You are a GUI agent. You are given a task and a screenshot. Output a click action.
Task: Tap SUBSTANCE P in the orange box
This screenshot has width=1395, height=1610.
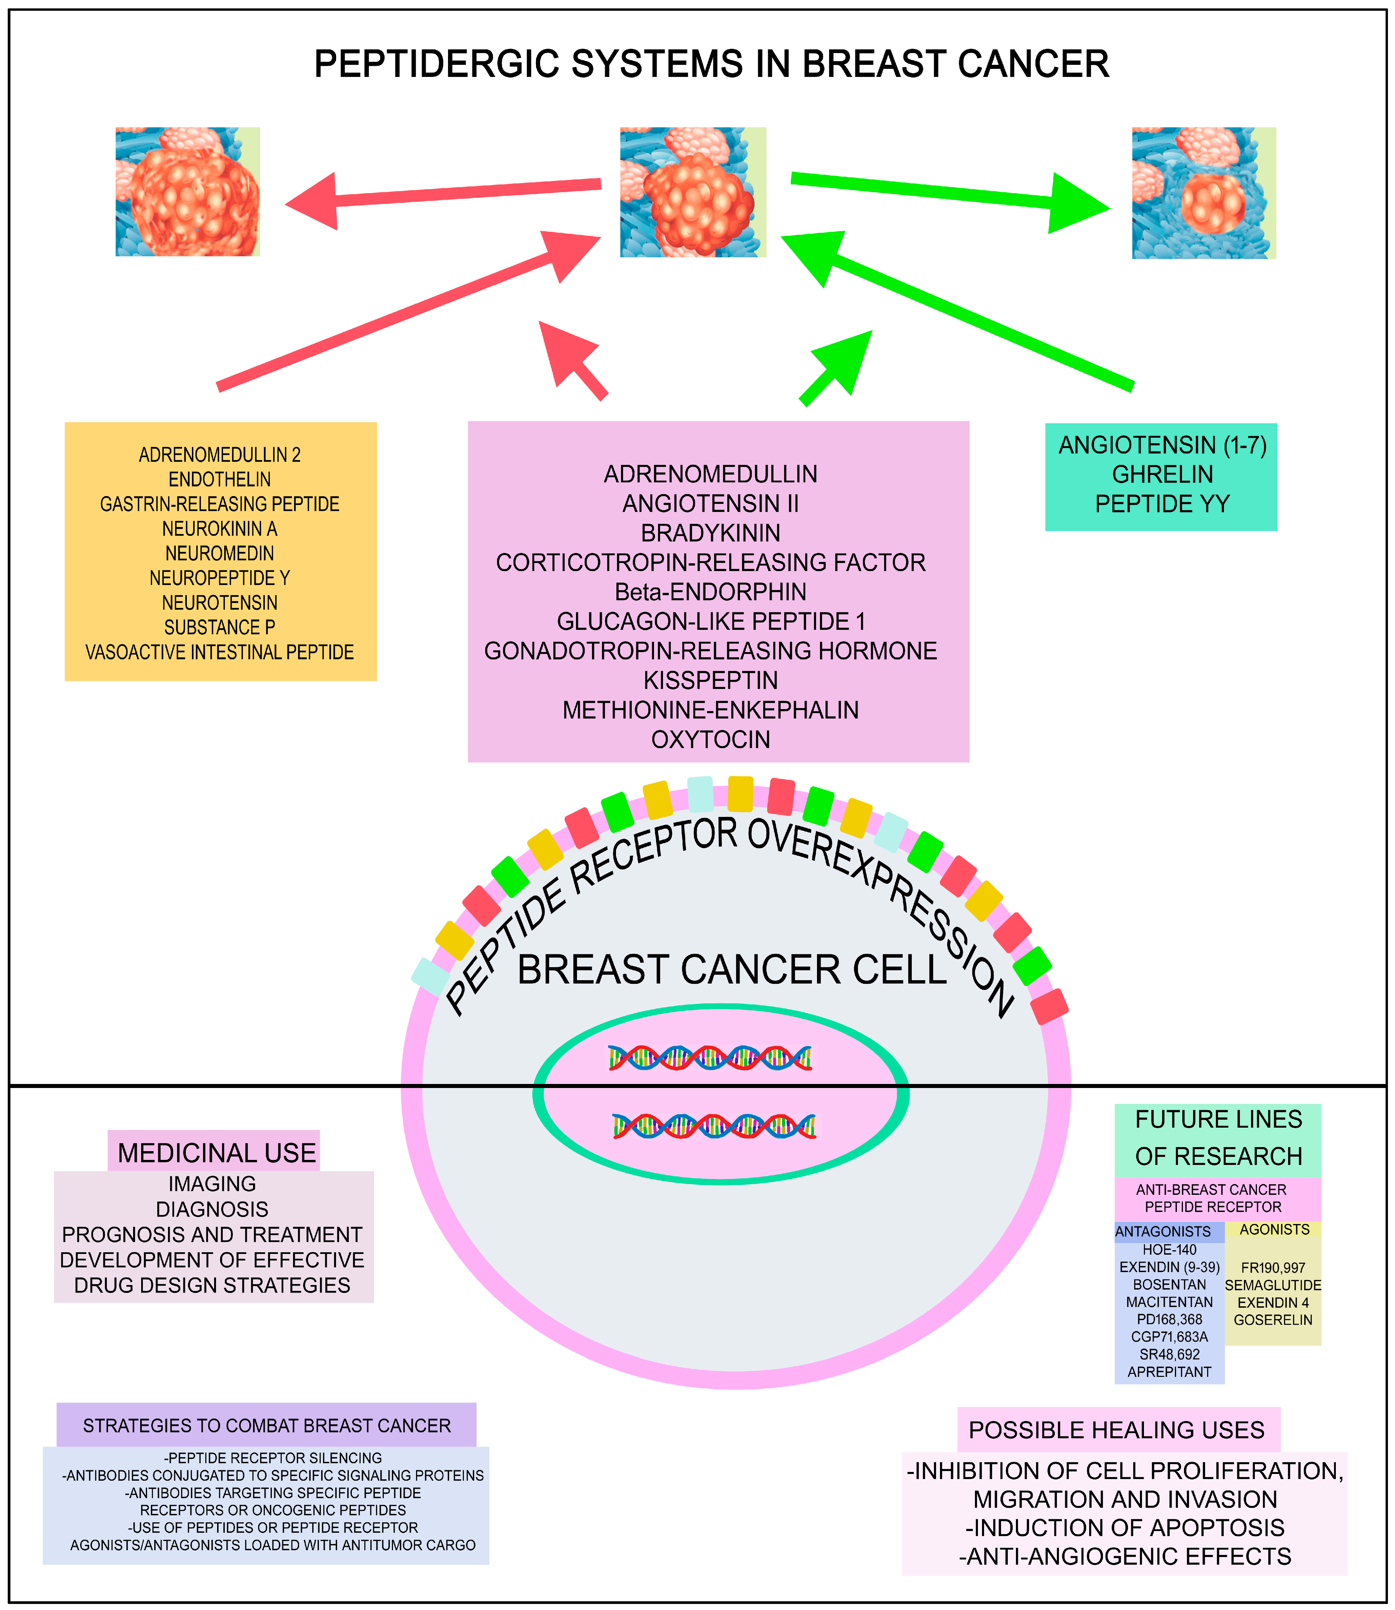(219, 627)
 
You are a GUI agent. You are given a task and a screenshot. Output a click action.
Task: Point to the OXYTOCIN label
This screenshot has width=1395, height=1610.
(710, 739)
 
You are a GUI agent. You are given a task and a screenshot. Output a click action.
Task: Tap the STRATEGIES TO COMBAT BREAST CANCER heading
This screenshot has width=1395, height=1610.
(266, 1426)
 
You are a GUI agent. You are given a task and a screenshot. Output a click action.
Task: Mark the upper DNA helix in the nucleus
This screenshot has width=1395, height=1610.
(710, 1057)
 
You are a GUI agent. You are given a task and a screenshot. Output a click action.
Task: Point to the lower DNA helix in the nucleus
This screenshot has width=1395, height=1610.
(714, 1126)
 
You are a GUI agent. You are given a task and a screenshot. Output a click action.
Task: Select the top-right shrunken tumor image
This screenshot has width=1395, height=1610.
(1203, 193)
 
